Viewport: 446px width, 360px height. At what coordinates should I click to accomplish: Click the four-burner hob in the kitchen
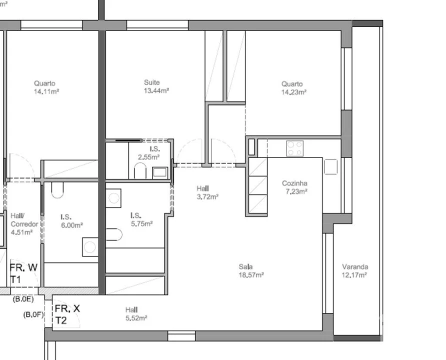point(294,148)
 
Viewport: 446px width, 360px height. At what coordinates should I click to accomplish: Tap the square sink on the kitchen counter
point(330,166)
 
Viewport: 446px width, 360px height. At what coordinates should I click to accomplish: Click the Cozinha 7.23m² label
point(294,187)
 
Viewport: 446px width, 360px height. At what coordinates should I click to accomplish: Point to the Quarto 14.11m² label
point(45,87)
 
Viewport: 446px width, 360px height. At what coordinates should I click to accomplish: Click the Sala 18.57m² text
point(251,270)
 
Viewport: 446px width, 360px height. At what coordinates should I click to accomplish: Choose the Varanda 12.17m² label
point(355,270)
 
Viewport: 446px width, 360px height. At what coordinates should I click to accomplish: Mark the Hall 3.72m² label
point(206,192)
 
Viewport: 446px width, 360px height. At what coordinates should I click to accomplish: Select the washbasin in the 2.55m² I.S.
point(160,172)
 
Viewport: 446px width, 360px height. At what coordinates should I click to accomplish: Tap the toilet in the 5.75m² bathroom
point(114,234)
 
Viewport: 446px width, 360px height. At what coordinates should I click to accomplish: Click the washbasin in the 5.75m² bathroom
point(114,198)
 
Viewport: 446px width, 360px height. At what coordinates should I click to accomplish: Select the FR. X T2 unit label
point(67,314)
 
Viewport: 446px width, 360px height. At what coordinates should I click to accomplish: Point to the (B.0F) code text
point(34,314)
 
